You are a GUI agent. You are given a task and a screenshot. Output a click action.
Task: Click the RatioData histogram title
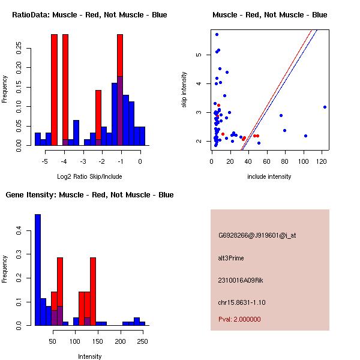pyautogui.click(x=89, y=15)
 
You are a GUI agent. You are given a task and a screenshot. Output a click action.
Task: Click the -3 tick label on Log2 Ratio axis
pyautogui.click(x=83, y=161)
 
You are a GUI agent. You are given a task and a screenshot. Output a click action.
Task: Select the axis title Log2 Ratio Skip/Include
pyautogui.click(x=89, y=176)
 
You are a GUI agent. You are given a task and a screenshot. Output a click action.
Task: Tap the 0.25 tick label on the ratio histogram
pyautogui.click(x=19, y=48)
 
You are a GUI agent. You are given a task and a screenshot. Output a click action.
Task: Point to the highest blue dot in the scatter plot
pyautogui.click(x=217, y=34)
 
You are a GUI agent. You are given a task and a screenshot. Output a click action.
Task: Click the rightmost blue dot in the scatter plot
pyautogui.click(x=325, y=107)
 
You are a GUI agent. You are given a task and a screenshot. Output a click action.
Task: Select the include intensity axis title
pyautogui.click(x=269, y=176)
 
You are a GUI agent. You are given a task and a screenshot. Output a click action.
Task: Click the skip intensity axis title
pyautogui.click(x=184, y=89)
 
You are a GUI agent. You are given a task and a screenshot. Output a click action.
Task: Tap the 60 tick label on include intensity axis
pyautogui.click(x=266, y=161)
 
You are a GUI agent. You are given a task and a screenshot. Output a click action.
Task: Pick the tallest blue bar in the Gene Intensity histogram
pyautogui.click(x=38, y=270)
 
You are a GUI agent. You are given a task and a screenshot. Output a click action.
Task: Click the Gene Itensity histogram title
pyautogui.click(x=89, y=195)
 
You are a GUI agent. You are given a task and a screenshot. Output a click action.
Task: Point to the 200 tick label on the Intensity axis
pyautogui.click(x=120, y=341)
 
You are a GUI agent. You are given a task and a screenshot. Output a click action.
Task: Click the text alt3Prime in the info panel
pyautogui.click(x=231, y=258)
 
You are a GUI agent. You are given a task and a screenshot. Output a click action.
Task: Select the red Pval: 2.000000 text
pyautogui.click(x=239, y=319)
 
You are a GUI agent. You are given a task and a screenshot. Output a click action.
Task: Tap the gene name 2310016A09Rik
pyautogui.click(x=241, y=280)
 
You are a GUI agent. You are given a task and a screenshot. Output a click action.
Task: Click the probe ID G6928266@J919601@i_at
pyautogui.click(x=257, y=235)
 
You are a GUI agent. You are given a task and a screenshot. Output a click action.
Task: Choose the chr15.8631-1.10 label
pyautogui.click(x=242, y=302)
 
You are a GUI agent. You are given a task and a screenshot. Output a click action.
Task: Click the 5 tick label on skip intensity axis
pyautogui.click(x=199, y=55)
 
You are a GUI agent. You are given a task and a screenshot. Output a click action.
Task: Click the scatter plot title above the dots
pyautogui.click(x=270, y=15)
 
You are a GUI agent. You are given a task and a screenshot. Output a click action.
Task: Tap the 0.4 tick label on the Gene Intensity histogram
pyautogui.click(x=19, y=230)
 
